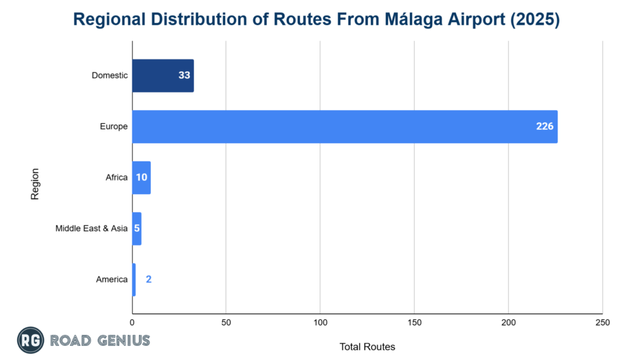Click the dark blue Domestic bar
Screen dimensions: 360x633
[163, 75]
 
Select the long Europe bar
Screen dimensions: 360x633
[344, 127]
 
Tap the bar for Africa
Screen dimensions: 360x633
[141, 178]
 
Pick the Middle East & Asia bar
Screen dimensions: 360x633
[137, 228]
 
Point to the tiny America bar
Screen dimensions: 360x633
[134, 279]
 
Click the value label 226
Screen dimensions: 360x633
[544, 127]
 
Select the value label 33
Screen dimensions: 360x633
[184, 75]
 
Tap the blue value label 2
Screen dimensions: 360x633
[148, 279]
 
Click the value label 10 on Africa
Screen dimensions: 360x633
[142, 178]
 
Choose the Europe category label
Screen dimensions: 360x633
[114, 127]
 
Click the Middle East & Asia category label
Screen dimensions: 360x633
[91, 228]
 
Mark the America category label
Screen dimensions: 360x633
[112, 279]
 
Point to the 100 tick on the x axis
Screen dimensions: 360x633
[320, 323]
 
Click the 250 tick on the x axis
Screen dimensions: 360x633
[602, 323]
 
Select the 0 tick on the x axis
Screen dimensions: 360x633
[132, 323]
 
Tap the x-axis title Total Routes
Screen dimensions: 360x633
[367, 346]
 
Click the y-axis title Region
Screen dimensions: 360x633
[35, 184]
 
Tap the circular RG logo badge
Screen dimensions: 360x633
[30, 340]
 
